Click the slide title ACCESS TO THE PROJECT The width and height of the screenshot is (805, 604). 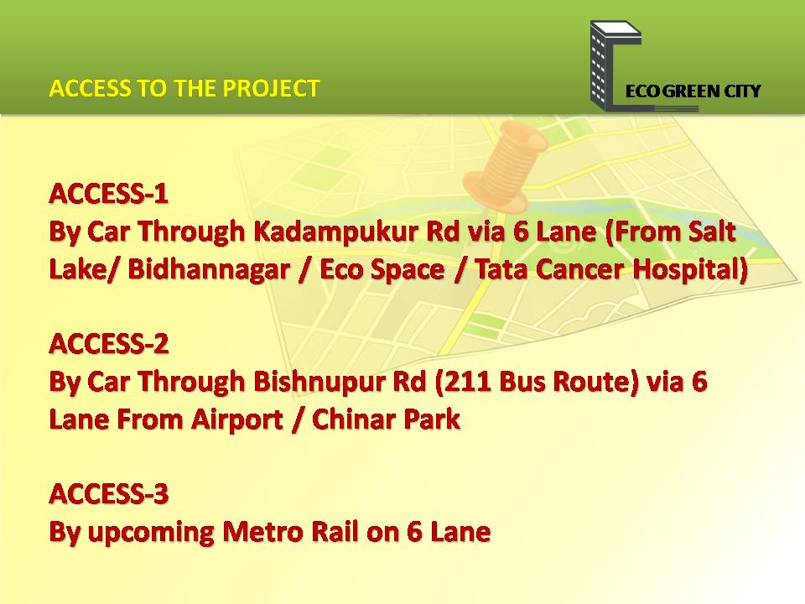point(184,88)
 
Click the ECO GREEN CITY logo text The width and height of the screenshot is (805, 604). point(693,91)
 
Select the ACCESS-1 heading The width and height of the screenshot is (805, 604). point(109,194)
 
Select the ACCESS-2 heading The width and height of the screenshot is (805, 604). point(109,344)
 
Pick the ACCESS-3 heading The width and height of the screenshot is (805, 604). point(109,493)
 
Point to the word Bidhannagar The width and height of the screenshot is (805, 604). point(209,269)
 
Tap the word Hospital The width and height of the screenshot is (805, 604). point(689,269)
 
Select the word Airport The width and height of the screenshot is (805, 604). point(237,420)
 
